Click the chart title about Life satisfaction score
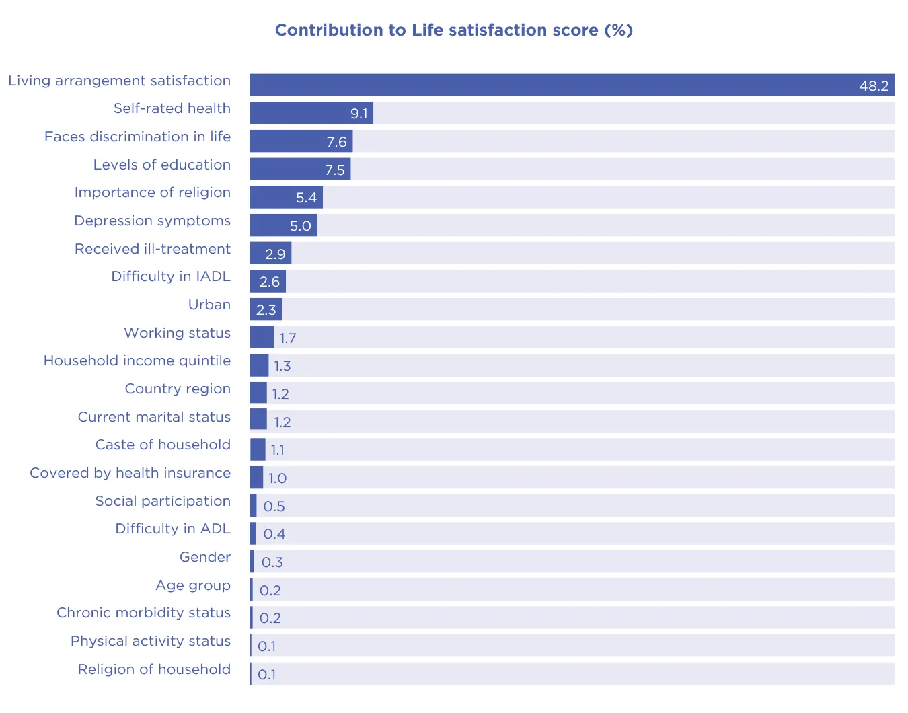pos(454,30)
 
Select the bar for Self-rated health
pos(311,113)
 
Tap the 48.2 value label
pos(874,85)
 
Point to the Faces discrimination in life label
pos(137,137)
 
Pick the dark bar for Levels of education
pos(300,169)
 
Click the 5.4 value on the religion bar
pos(306,198)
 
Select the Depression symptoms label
pos(152,221)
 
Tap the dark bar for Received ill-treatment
pos(270,254)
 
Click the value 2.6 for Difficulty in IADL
pos(269,282)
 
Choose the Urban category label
pos(209,305)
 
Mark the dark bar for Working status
pos(262,337)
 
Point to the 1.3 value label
pos(282,366)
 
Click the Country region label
pos(178,389)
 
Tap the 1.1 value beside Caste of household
pos(277,450)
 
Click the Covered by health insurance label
pos(130,473)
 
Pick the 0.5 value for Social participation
pos(274,506)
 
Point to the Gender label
pos(204,557)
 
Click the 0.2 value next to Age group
pos(270,591)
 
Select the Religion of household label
pos(154,669)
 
